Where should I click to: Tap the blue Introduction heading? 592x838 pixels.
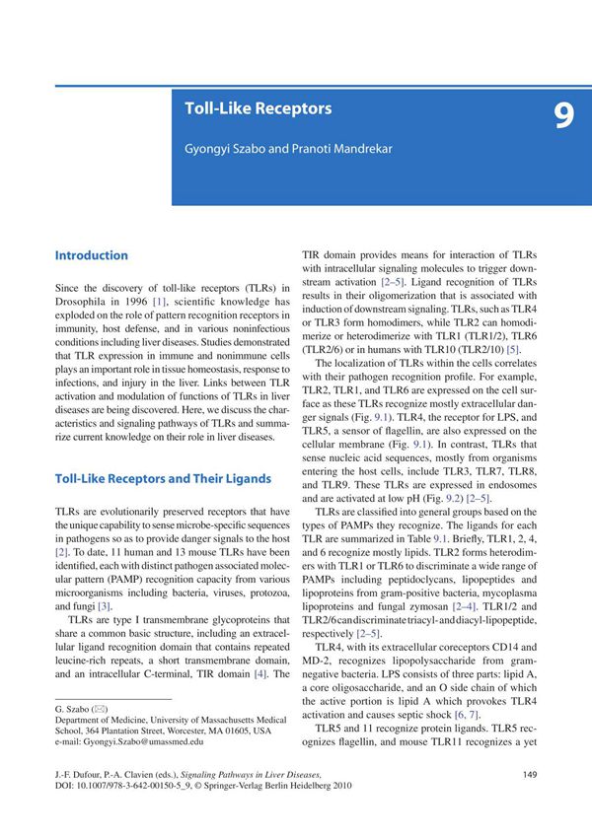point(92,255)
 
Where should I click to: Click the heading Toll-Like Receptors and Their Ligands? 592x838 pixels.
point(163,479)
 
